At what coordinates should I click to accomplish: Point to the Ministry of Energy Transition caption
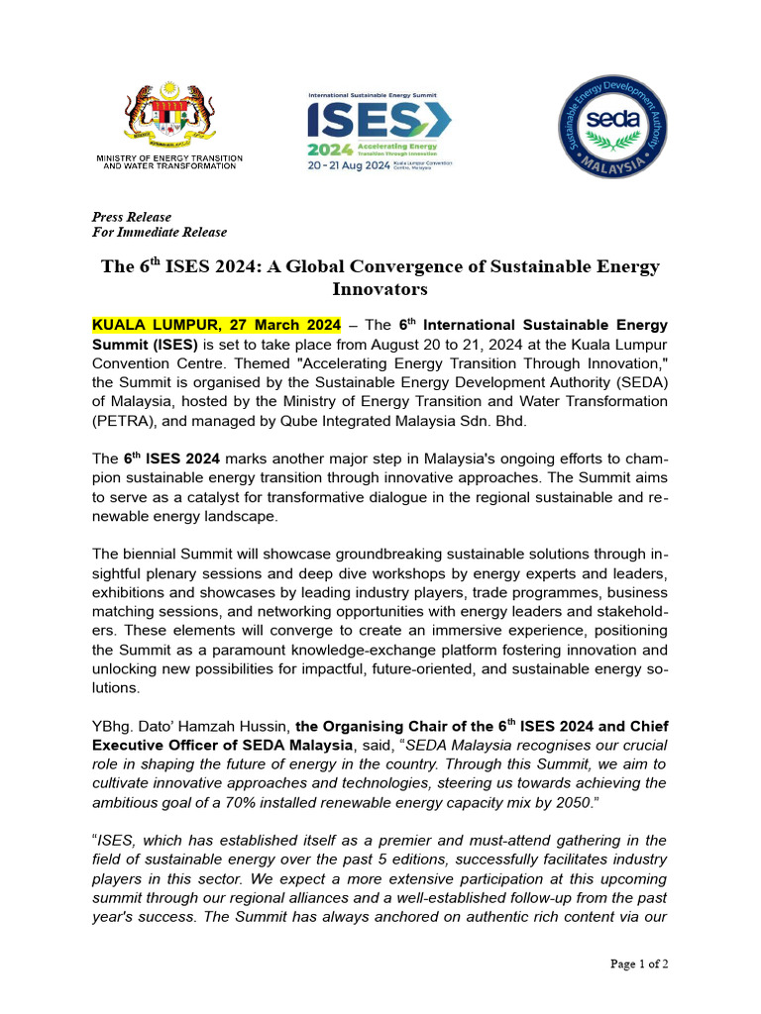169,162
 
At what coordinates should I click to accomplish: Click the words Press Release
131,217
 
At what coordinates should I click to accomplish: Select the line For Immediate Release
159,233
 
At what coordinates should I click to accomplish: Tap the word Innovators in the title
380,289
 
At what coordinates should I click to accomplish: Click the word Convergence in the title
371,267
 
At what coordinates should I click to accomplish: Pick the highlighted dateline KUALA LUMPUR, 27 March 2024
216,325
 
